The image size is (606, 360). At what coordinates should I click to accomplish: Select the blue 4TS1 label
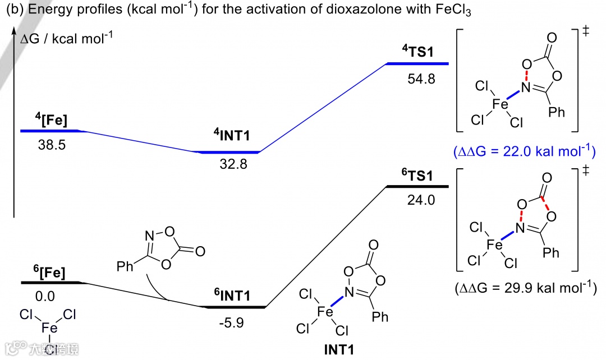click(417, 52)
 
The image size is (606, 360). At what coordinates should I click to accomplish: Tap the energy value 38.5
click(52, 145)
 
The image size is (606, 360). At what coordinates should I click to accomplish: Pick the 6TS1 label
click(417, 174)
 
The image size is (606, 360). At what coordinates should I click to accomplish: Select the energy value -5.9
click(232, 323)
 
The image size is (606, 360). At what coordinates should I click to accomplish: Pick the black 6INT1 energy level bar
click(233, 307)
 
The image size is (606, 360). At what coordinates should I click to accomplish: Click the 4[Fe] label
click(51, 119)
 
